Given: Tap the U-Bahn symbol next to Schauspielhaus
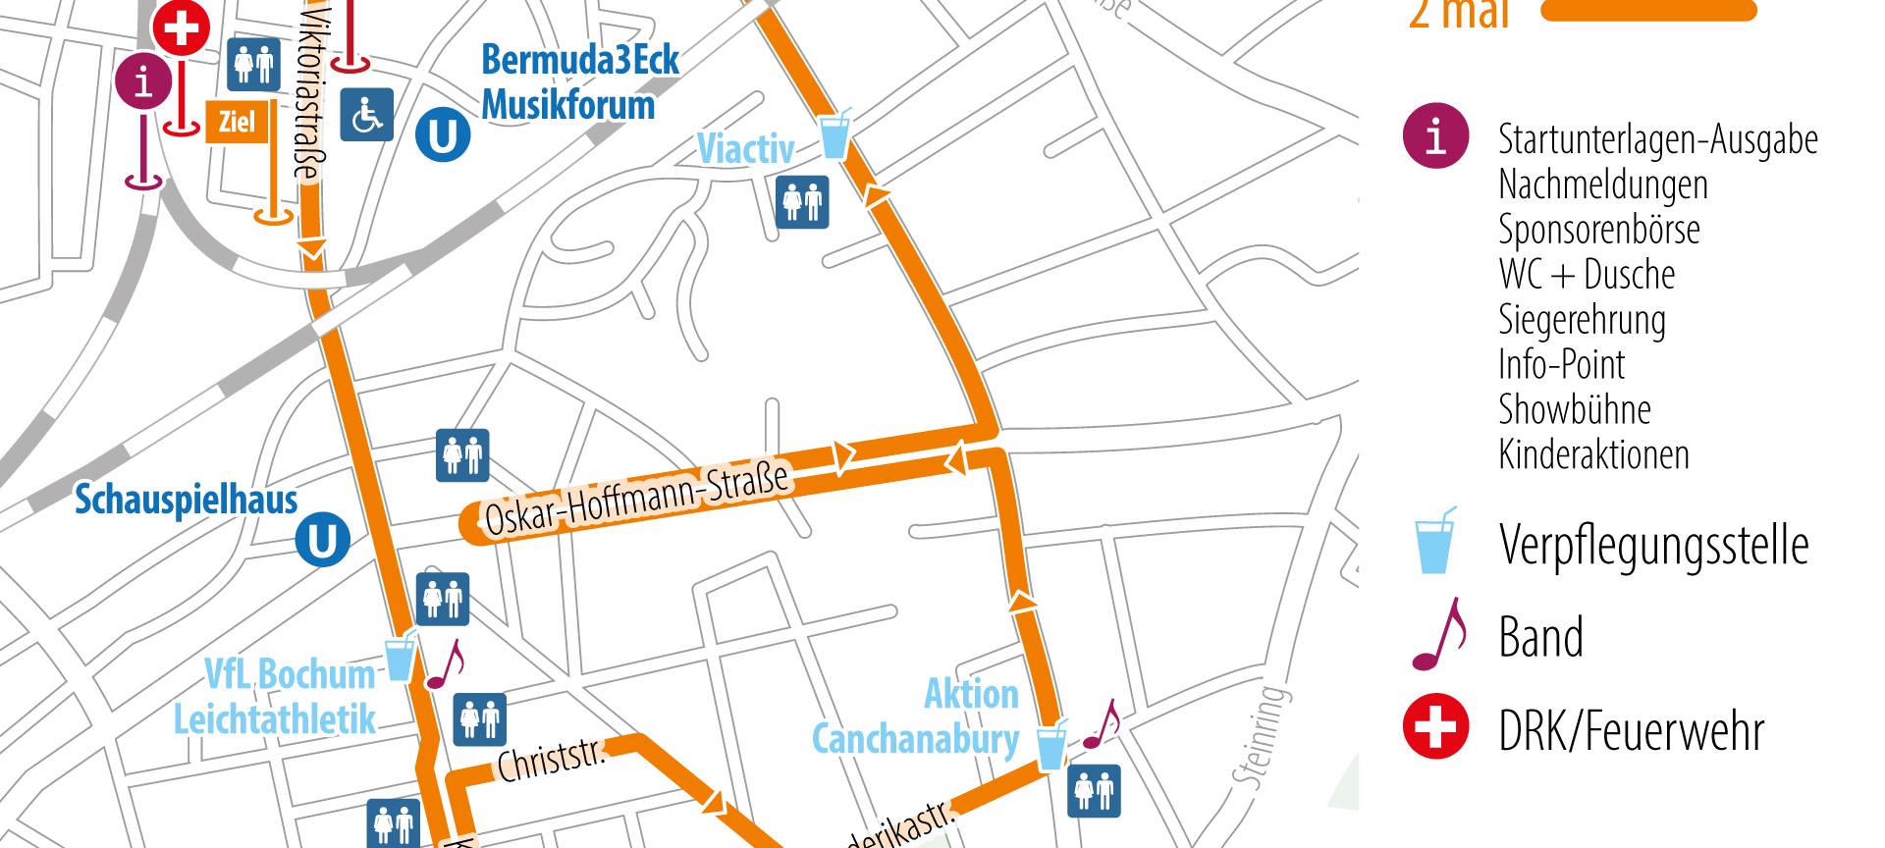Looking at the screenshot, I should coord(323,540).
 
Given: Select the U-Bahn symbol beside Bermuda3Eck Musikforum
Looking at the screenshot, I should coord(442,134).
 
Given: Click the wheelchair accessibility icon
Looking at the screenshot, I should coord(367,115).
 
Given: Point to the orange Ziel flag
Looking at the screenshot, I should coord(237,122).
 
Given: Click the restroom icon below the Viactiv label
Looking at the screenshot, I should coord(802,202).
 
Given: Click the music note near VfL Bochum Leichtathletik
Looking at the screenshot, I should coord(446,664).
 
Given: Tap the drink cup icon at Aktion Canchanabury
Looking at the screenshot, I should coord(1051,745).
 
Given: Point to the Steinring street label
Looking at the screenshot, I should coord(1260,736).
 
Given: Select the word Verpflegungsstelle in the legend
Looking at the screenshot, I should coord(1653,545).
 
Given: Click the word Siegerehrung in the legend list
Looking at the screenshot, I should coord(1582,320).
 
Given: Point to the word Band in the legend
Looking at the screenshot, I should coord(1540,637).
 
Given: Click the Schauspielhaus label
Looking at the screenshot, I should coord(187,500).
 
